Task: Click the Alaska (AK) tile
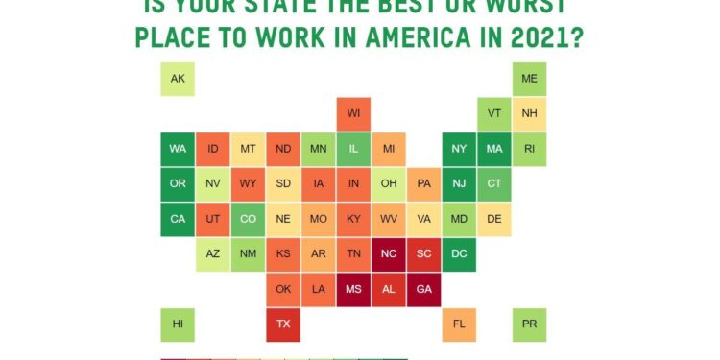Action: pos(178,79)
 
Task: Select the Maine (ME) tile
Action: pos(529,79)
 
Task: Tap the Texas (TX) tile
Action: pos(283,324)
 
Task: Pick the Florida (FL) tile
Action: pos(459,324)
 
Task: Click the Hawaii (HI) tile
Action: pos(178,324)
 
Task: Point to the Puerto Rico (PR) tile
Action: pos(529,324)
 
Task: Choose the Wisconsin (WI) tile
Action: pos(353,114)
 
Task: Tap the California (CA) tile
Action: pos(178,219)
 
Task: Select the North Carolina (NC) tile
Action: pos(389,254)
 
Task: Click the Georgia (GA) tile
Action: pos(423,289)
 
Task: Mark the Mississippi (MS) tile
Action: pos(353,289)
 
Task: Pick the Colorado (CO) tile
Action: pos(248,219)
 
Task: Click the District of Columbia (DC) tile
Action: pos(459,254)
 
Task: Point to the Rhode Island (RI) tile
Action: pos(529,149)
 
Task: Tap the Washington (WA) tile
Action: pos(178,149)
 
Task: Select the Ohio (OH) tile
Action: pos(389,184)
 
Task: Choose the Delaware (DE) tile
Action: pos(494,219)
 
